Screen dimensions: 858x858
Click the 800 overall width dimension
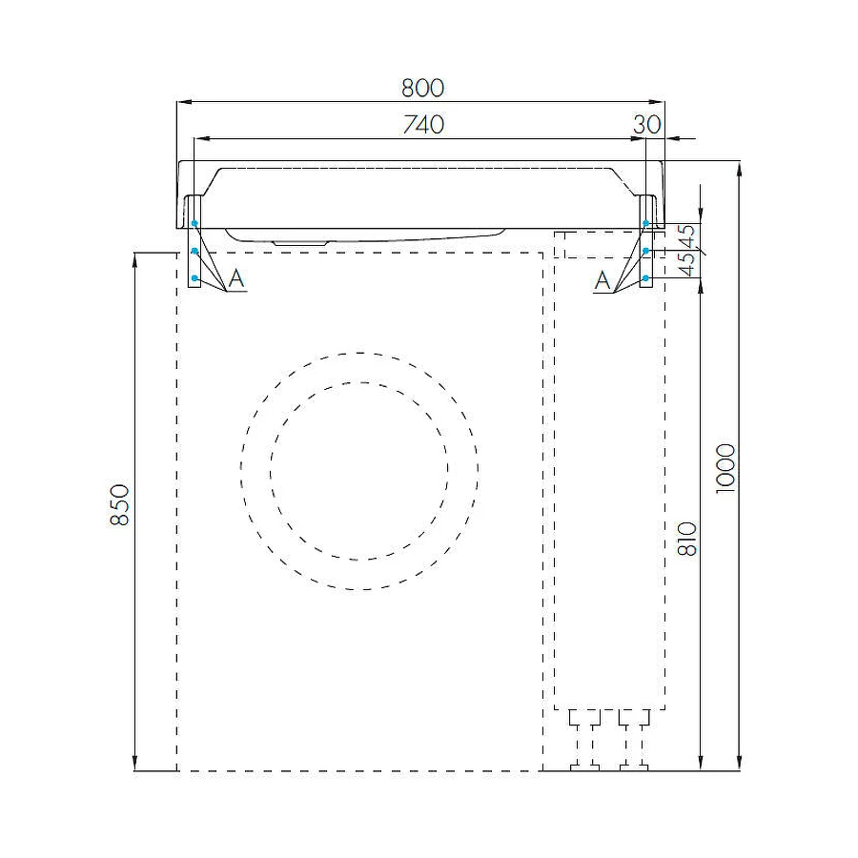(x=422, y=88)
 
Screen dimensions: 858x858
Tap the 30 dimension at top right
(x=646, y=125)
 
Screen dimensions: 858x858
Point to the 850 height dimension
(x=119, y=504)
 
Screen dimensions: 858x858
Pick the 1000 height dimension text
(x=725, y=467)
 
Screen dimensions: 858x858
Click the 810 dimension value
(x=689, y=539)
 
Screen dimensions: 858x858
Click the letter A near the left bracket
(x=237, y=279)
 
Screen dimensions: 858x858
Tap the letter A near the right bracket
(x=603, y=279)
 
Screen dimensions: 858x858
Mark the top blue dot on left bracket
(x=194, y=224)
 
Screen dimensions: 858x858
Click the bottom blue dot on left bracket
(x=194, y=278)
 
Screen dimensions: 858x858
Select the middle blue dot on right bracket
(x=645, y=252)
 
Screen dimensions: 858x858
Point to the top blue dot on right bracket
(x=645, y=224)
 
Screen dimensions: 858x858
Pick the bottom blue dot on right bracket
(x=645, y=278)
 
